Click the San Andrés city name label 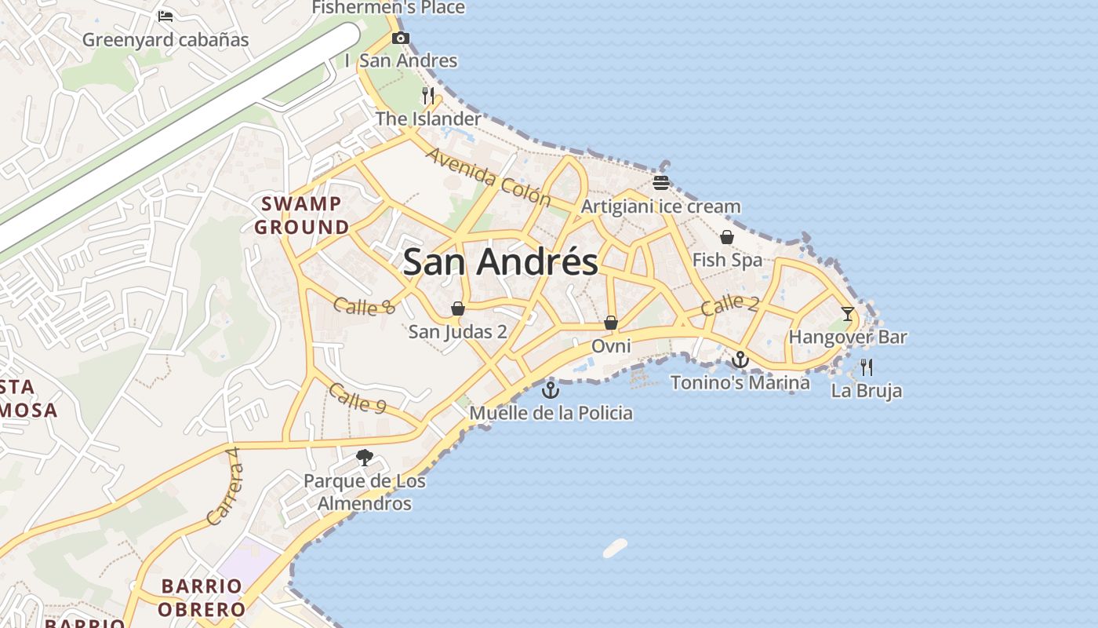(500, 261)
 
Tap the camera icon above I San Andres (401, 38)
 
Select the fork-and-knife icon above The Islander (428, 96)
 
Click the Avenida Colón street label (488, 177)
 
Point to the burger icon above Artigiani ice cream (661, 184)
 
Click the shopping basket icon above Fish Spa (727, 237)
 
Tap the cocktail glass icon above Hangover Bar (848, 314)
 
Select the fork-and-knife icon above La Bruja (867, 367)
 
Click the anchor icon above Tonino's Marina (740, 360)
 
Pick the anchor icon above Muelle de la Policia (551, 389)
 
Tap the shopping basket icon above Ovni (611, 323)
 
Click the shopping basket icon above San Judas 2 (458, 309)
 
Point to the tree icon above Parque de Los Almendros (365, 458)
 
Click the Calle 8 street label (364, 306)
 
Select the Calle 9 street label (358, 398)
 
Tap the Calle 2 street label (729, 305)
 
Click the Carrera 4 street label (224, 487)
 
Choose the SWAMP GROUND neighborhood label (302, 216)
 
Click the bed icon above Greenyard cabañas (165, 16)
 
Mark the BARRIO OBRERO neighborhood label (202, 597)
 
